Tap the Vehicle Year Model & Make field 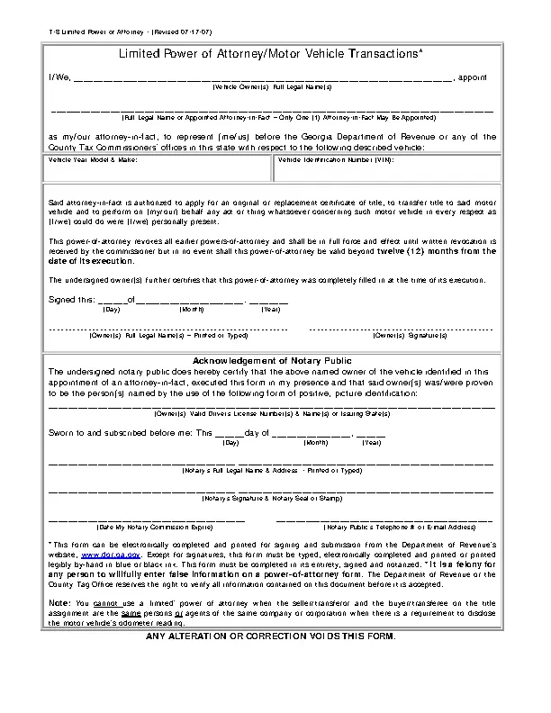coord(158,168)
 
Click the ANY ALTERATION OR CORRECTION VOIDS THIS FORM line coord(270,636)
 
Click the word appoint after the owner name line coord(473,77)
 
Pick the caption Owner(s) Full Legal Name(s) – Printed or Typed coord(168,335)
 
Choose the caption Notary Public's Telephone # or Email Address coord(398,527)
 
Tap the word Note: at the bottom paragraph coord(57,602)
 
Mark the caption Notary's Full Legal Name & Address coord(272,470)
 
